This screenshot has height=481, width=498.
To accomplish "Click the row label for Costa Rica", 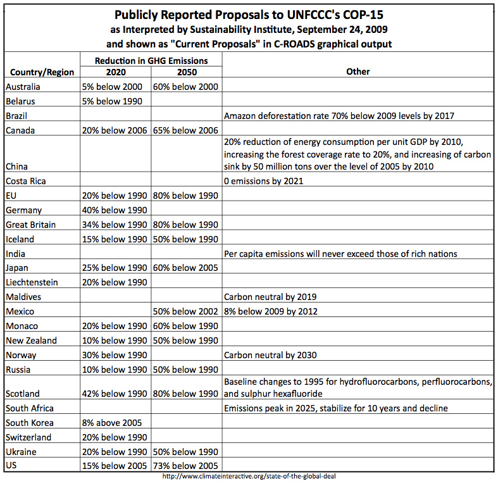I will coord(27,181).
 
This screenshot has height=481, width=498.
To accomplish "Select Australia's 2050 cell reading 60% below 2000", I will coord(185,87).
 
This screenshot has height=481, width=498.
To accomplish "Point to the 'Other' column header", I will coord(358,72).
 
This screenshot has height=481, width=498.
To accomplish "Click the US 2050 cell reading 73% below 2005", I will coord(185,466).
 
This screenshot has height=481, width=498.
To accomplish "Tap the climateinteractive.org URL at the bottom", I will coord(248,476).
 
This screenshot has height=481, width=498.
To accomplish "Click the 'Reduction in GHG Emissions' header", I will coord(150,61).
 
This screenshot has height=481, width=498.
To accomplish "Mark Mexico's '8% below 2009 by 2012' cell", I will coord(271,311).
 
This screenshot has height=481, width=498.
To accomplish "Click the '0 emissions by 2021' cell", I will coord(264,181).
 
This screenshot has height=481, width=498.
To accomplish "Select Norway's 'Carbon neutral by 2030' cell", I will coord(270,355).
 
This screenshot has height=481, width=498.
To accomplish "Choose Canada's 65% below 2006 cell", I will coord(185,130).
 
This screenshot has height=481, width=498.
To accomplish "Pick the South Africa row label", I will coord(30,408).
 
